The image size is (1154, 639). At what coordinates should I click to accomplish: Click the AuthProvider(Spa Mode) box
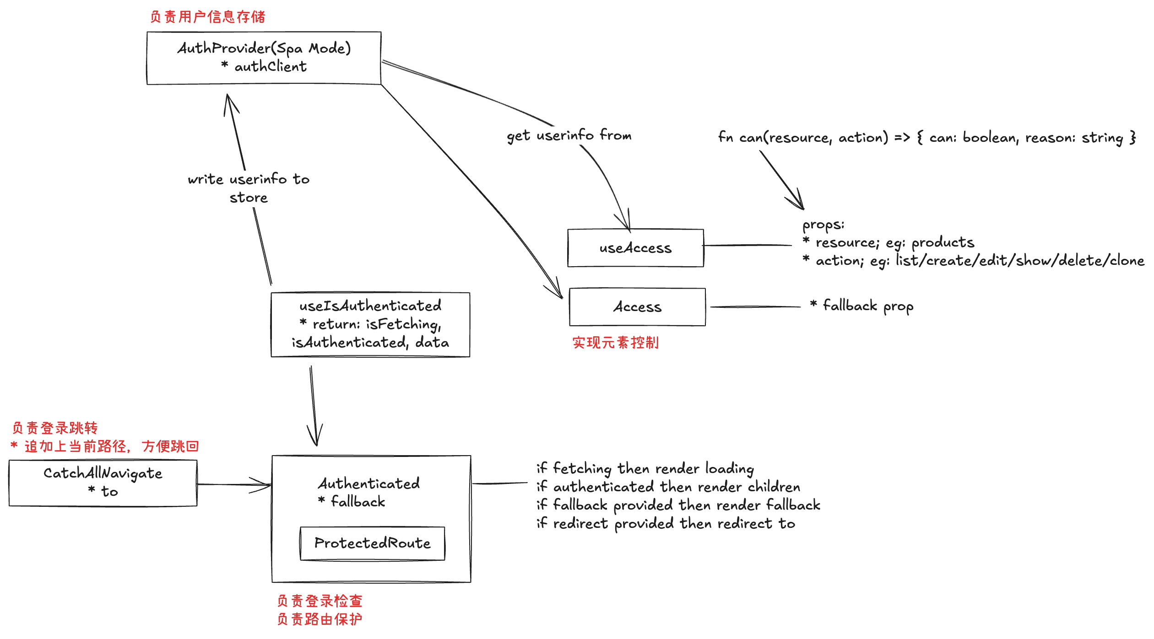264,58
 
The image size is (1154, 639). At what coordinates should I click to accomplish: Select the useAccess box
635,248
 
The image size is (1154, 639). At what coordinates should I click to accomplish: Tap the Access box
637,307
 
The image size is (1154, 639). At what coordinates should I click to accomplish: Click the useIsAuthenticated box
370,324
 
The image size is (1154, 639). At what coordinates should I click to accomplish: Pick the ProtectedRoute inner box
372,543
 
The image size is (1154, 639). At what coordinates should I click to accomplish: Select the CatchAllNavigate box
103,483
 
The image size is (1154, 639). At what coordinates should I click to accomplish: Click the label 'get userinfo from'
569,135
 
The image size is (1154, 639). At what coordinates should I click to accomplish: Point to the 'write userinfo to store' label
249,188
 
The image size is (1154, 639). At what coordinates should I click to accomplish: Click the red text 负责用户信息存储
207,17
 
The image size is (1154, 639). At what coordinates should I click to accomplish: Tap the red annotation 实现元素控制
615,343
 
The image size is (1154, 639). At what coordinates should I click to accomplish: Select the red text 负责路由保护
320,619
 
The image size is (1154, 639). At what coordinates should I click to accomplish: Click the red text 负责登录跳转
55,428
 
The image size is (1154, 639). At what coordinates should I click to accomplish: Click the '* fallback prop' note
861,306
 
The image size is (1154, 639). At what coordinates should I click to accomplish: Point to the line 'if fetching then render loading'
645,468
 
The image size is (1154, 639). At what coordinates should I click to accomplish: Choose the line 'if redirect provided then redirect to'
666,523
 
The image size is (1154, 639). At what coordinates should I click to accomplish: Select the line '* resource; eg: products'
889,242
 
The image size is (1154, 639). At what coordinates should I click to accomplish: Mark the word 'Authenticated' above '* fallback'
369,483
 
